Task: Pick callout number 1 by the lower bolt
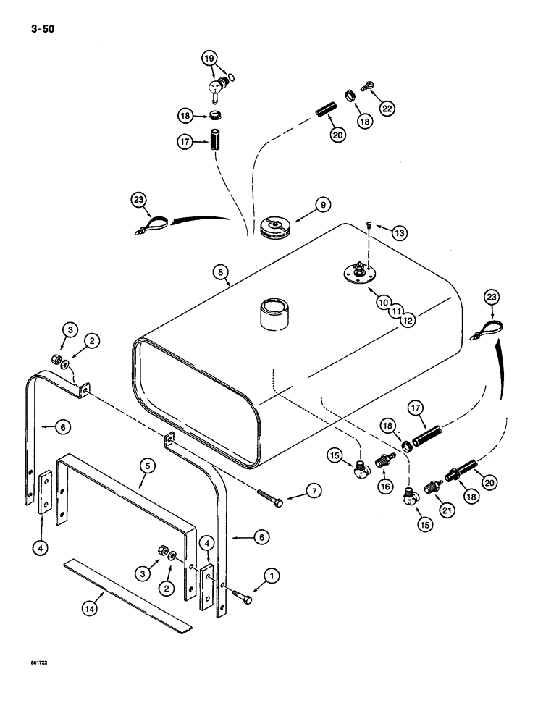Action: click(x=272, y=576)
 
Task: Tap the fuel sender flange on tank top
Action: click(x=359, y=274)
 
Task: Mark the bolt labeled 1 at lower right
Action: click(x=242, y=598)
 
